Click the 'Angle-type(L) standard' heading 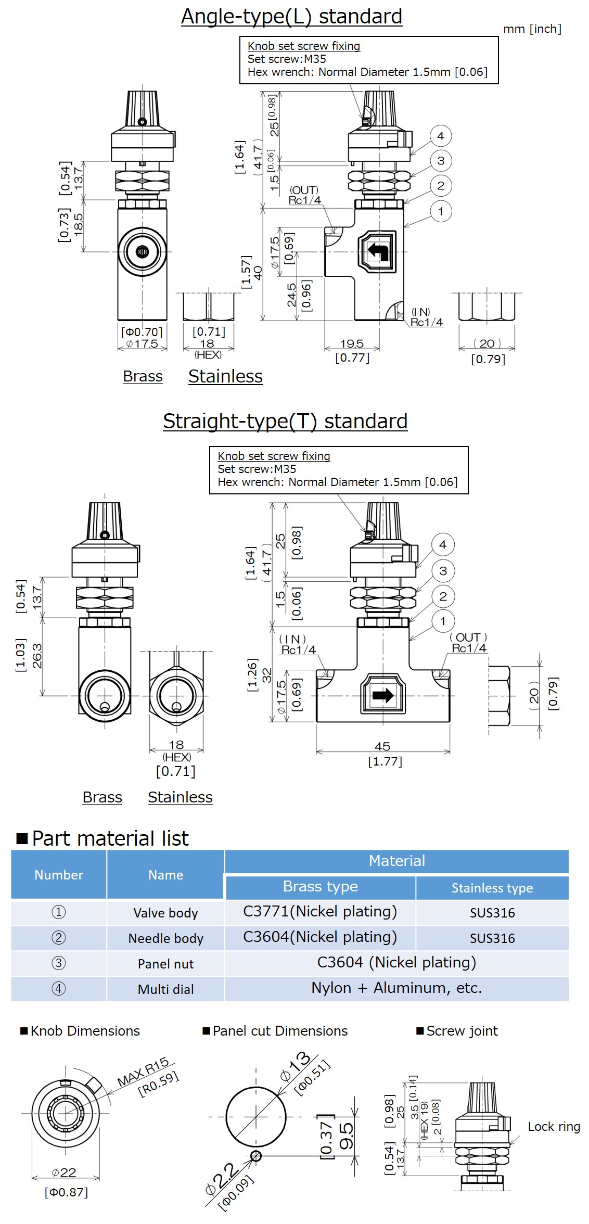pyautogui.click(x=291, y=17)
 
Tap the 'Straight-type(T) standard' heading pyautogui.click(x=285, y=421)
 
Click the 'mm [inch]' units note pyautogui.click(x=532, y=29)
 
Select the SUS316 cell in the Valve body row pyautogui.click(x=492, y=913)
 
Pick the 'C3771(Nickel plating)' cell pyautogui.click(x=320, y=912)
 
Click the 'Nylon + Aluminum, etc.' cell pyautogui.click(x=396, y=988)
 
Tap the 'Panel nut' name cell pyautogui.click(x=165, y=964)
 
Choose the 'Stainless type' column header pyautogui.click(x=492, y=888)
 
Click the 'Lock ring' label pyautogui.click(x=554, y=1127)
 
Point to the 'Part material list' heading pyautogui.click(x=110, y=838)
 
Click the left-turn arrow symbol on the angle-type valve pyautogui.click(x=378, y=251)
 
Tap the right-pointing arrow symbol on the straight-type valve pyautogui.click(x=383, y=695)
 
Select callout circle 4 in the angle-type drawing pyautogui.click(x=441, y=136)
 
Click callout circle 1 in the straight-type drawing pyautogui.click(x=443, y=621)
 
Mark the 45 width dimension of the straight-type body pyautogui.click(x=382, y=746)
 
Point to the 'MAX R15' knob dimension pyautogui.click(x=143, y=1072)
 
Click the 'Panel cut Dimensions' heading pyautogui.click(x=280, y=1031)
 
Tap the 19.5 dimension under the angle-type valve pyautogui.click(x=352, y=344)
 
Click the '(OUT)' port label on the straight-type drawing pyautogui.click(x=468, y=637)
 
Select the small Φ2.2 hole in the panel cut pyautogui.click(x=255, y=1156)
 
